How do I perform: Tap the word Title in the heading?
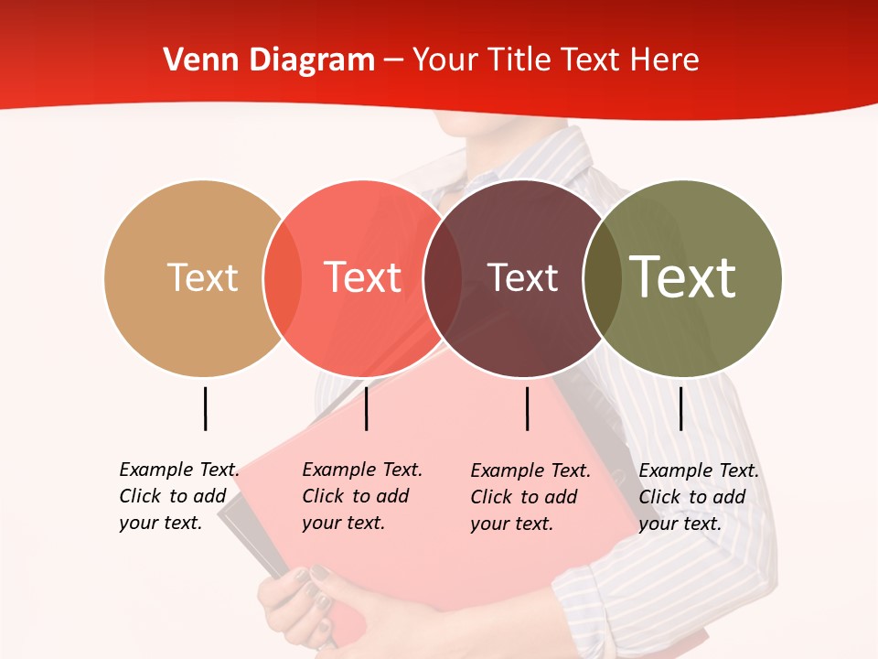pos(521,60)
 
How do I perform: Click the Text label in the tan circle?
pos(202,277)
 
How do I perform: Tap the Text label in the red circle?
pos(362,277)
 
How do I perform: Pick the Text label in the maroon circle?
pos(522,277)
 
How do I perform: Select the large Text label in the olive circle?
pos(682,277)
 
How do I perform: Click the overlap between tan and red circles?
pos(283,278)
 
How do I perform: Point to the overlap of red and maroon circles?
pos(443,278)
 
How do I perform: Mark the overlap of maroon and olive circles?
pos(602,278)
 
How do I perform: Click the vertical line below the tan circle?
pos(206,408)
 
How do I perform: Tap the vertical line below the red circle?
pos(367,408)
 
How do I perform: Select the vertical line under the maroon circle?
pos(528,408)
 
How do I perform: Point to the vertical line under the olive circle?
pos(681,408)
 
